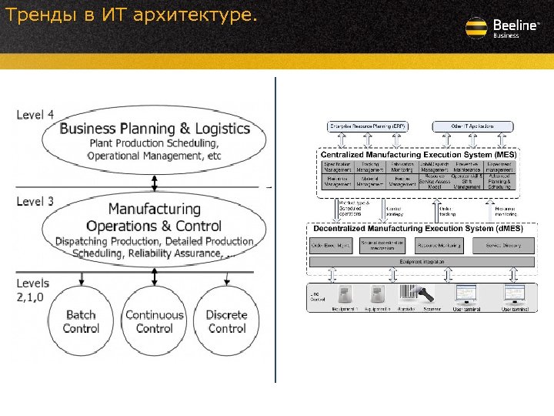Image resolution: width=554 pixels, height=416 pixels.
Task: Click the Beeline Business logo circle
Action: pos(477,29)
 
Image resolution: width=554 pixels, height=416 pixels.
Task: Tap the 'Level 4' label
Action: pos(35,115)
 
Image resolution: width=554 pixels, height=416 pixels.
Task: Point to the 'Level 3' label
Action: pos(35,202)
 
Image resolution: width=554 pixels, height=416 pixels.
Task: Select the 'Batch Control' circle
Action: pos(81,321)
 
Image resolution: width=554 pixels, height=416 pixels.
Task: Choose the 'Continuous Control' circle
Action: pos(154,321)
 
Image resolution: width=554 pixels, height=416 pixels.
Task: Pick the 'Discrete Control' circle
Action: pos(227,321)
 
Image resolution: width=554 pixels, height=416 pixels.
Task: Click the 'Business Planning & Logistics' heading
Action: pos(155,129)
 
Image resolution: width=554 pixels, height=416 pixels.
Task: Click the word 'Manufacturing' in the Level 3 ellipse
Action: pos(154,209)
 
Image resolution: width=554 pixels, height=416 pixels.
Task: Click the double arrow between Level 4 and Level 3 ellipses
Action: pos(155,183)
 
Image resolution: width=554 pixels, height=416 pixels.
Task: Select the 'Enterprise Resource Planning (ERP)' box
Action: pos(369,126)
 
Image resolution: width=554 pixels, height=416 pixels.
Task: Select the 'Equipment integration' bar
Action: pos(421,262)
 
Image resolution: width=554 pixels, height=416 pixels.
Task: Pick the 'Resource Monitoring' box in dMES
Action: pos(439,246)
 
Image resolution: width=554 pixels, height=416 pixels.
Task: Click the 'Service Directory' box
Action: pos(503,246)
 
